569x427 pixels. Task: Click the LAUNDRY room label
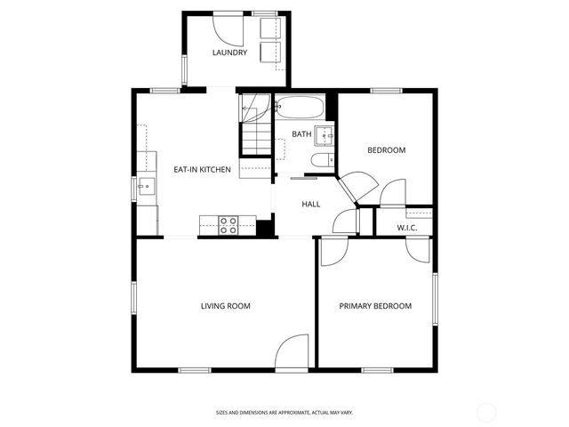[x=229, y=53]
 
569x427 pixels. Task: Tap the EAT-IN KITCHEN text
[x=202, y=169]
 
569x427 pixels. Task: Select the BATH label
[x=302, y=134]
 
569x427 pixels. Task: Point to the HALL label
[x=311, y=204]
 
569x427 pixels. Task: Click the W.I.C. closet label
[x=407, y=228]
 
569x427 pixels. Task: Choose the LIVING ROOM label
[x=225, y=306]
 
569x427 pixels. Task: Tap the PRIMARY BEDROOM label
[x=375, y=306]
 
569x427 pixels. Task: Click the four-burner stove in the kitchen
[x=228, y=225]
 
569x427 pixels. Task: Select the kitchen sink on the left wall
[x=146, y=188]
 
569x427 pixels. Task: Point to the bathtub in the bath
[x=298, y=109]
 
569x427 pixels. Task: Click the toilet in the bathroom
[x=320, y=161]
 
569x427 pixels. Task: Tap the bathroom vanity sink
[x=325, y=135]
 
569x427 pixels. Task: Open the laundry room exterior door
[x=229, y=31]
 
